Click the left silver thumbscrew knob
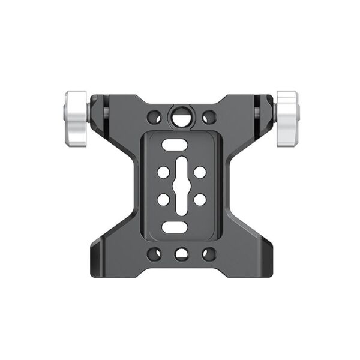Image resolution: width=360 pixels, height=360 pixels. pos(74,119)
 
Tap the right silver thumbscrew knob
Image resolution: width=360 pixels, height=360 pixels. pos(287,119)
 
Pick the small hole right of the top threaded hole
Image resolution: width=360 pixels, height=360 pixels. pos(208,116)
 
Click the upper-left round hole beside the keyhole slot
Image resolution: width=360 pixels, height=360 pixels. pos(163,172)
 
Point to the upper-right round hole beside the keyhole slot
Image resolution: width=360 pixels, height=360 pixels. pos(200,172)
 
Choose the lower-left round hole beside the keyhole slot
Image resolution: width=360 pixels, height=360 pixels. pos(163,199)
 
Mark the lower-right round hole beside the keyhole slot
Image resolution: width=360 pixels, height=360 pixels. pos(200,199)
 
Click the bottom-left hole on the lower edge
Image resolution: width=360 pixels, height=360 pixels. pos(154,254)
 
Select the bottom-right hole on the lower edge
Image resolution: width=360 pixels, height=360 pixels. pos(208,254)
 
